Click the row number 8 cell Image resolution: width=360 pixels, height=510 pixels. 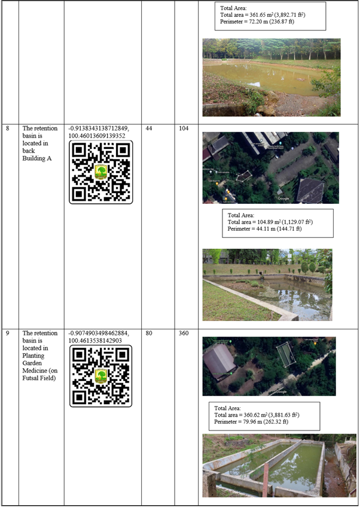pyautogui.click(x=8, y=129)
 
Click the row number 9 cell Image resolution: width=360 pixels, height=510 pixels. pyautogui.click(x=8, y=333)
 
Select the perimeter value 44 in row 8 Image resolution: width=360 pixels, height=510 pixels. pyautogui.click(x=149, y=129)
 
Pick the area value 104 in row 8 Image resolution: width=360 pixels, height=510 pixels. pyautogui.click(x=184, y=129)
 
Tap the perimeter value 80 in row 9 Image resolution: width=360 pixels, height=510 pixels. pyautogui.click(x=149, y=333)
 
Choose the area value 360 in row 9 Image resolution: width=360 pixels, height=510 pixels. pyautogui.click(x=184, y=333)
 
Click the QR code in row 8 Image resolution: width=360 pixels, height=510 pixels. pyautogui.click(x=101, y=172)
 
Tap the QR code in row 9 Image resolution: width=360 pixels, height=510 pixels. pyautogui.click(x=101, y=376)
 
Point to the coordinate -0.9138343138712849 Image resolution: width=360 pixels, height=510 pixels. pyautogui.click(x=99, y=129)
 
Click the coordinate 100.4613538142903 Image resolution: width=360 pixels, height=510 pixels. pyautogui.click(x=95, y=341)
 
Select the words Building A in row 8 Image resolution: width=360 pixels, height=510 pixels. pyautogui.click(x=36, y=158)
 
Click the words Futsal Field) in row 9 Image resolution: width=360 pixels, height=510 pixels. pyautogui.click(x=39, y=378)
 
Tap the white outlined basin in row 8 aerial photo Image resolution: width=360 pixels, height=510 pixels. pyautogui.click(x=244, y=176)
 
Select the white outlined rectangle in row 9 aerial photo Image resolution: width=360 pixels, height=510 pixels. pyautogui.click(x=286, y=356)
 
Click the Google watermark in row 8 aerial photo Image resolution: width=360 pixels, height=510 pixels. pyautogui.click(x=283, y=198)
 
